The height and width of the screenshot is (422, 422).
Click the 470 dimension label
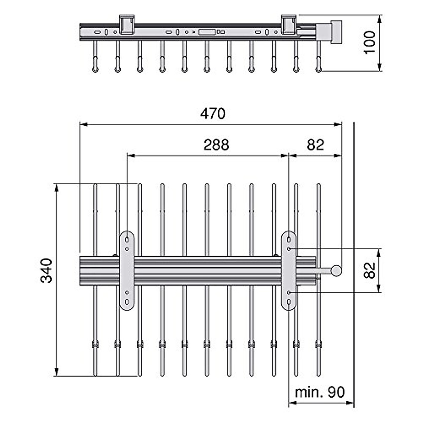point(213,114)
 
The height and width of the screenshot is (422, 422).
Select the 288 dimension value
point(216,145)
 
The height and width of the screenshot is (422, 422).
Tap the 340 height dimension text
point(47,270)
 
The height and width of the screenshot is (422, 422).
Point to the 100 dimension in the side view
point(370,42)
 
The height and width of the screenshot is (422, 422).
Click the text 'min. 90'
point(320,392)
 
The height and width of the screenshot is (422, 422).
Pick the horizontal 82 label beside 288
point(315,145)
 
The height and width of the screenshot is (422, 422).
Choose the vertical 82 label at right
point(370,270)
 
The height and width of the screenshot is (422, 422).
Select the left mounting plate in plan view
point(127,270)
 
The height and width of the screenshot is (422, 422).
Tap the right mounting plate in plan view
point(289,270)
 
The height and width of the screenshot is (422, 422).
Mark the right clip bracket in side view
point(288,24)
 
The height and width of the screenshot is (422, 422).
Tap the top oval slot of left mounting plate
point(127,240)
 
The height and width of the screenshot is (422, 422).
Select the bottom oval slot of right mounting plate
point(289,302)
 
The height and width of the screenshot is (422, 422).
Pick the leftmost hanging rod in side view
point(95,56)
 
